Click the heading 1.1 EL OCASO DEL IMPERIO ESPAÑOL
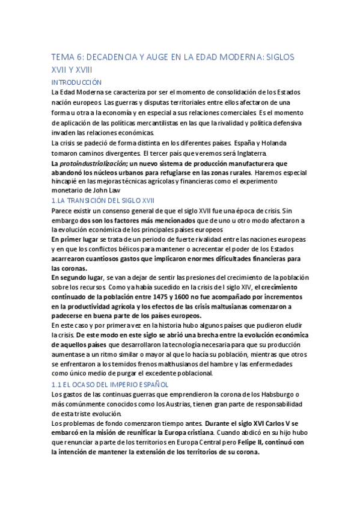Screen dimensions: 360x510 coord(110,383)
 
